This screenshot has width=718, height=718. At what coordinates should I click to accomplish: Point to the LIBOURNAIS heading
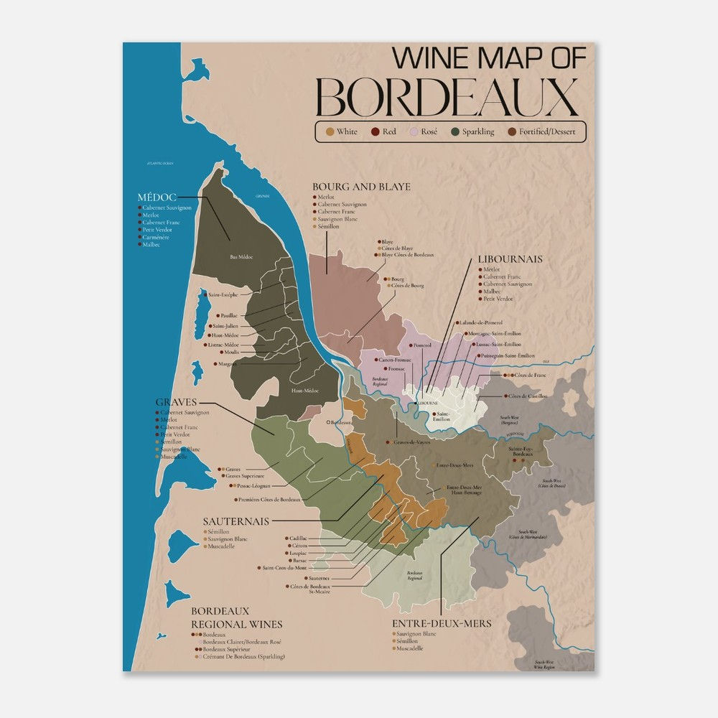tap(510, 259)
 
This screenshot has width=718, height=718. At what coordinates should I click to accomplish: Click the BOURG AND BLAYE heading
tap(361, 187)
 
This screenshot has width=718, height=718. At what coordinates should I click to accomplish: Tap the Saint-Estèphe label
tap(223, 294)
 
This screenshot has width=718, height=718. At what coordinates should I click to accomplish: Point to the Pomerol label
tap(422, 345)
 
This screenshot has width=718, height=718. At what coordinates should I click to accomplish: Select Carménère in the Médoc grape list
tap(155, 237)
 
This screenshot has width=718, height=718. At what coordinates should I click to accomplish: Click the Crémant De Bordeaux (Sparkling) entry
tap(243, 656)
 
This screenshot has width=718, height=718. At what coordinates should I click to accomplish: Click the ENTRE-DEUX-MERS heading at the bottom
tap(442, 623)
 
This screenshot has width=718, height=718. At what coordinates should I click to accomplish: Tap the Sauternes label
tap(318, 577)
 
